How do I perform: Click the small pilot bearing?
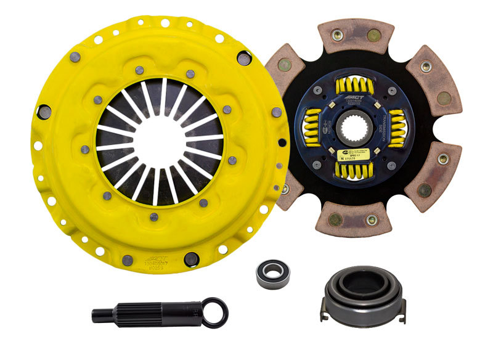pyautogui.click(x=272, y=273)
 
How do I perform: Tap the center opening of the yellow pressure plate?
pyautogui.click(x=159, y=141)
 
